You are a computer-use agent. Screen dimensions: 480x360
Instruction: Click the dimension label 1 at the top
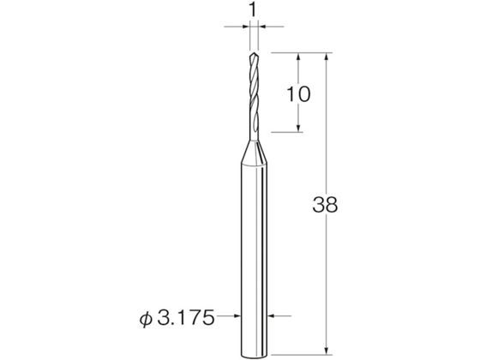[x=252, y=10]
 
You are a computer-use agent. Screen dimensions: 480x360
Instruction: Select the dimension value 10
[x=298, y=94]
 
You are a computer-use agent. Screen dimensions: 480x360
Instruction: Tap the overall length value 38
[x=325, y=205]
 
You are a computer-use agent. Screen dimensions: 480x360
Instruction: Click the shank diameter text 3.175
[x=186, y=318]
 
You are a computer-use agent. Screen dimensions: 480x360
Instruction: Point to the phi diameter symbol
[x=146, y=319]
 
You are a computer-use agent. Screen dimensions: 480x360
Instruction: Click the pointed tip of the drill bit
[x=253, y=53]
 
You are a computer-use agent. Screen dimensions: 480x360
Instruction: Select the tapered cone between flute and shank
[x=254, y=152]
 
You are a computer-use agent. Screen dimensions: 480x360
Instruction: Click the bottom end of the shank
[x=254, y=356]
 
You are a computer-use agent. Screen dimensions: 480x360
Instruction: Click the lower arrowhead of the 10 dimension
[x=298, y=128]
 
